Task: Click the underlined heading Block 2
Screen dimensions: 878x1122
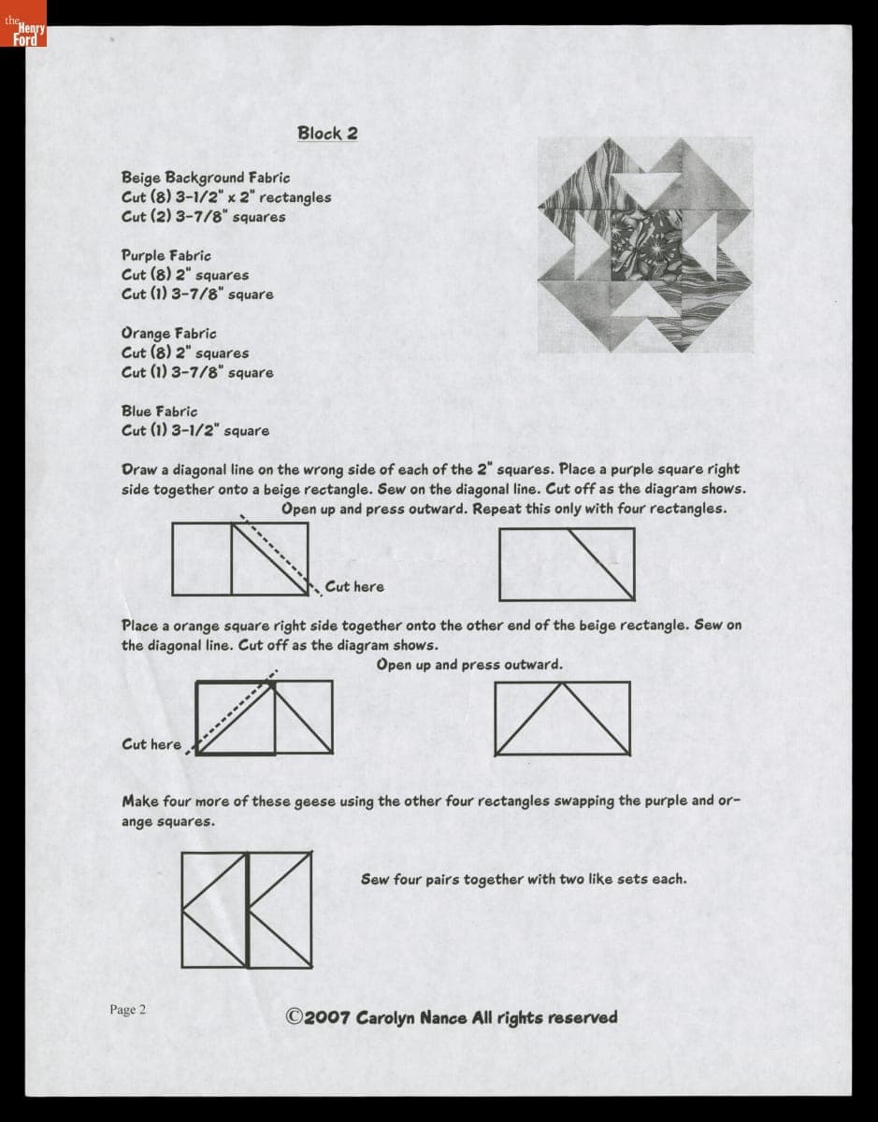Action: coord(327,134)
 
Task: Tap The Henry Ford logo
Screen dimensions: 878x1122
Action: coord(23,23)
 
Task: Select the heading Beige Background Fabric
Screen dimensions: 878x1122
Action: coord(206,178)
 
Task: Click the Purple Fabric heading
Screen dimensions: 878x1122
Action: coord(166,255)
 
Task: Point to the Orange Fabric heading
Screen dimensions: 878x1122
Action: coord(169,334)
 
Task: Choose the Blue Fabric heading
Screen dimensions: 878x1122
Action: coord(160,411)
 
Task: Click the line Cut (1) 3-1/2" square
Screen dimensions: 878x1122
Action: coord(195,431)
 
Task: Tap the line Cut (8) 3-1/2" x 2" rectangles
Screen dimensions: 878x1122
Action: coord(226,197)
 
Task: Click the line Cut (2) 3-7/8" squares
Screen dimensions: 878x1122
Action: coord(203,217)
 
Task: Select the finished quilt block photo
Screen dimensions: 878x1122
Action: coord(645,245)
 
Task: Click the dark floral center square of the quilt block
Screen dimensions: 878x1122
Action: coord(645,245)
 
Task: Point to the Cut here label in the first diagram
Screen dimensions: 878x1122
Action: coord(354,586)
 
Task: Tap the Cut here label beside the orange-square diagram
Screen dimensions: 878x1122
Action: coord(151,744)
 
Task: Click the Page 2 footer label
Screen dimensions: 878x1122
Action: coord(127,1009)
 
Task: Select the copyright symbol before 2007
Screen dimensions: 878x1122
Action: coord(295,1016)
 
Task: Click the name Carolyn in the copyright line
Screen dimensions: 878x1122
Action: coord(385,1017)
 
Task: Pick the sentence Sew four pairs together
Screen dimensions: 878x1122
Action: coord(524,879)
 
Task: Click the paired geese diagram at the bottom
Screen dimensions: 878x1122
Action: coord(247,910)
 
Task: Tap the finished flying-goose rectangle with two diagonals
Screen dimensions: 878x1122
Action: coord(563,719)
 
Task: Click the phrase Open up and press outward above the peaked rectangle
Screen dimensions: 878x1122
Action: coord(469,664)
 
